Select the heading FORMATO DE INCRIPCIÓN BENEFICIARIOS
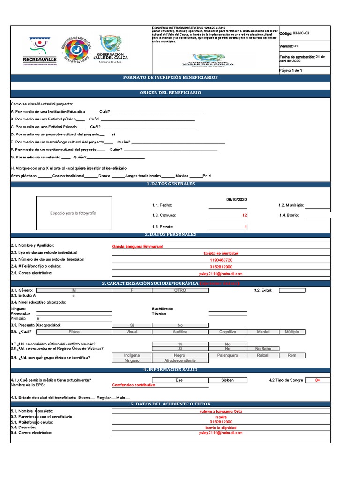170,77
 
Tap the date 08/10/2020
236,199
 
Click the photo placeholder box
74,213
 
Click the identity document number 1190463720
221,260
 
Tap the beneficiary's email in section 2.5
221,274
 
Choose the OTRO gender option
180,290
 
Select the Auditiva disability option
180,332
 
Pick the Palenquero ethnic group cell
228,355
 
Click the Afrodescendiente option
180,361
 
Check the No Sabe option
263,349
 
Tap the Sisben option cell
227,380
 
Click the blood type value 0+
318,380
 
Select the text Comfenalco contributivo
134,385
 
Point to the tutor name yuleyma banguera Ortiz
221,412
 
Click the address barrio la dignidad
221,427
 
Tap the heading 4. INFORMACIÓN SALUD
170,370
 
